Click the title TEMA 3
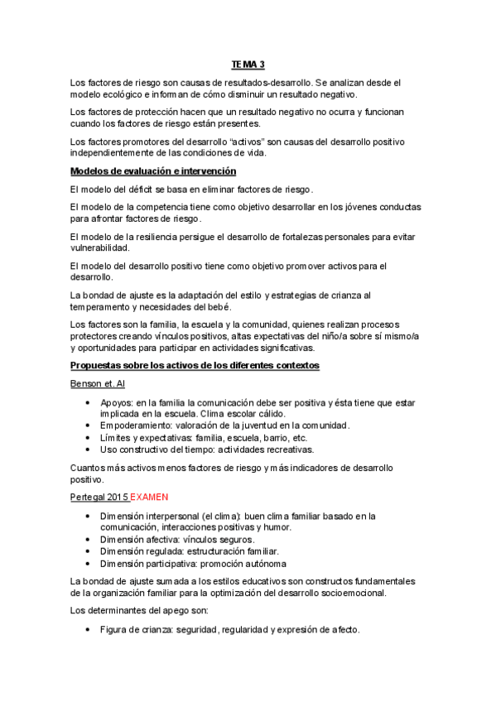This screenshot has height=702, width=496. [x=248, y=65]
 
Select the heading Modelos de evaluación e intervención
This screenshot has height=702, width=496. [x=154, y=171]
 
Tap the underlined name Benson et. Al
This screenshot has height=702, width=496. [x=97, y=384]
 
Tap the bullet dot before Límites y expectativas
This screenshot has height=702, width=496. [x=89, y=437]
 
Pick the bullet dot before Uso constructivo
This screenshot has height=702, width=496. [x=89, y=450]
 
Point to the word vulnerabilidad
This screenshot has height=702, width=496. [x=100, y=248]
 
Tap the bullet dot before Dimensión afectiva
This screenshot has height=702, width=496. [x=89, y=539]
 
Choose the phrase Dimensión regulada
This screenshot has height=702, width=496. [x=143, y=551]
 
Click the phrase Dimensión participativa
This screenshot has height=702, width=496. [x=150, y=563]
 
